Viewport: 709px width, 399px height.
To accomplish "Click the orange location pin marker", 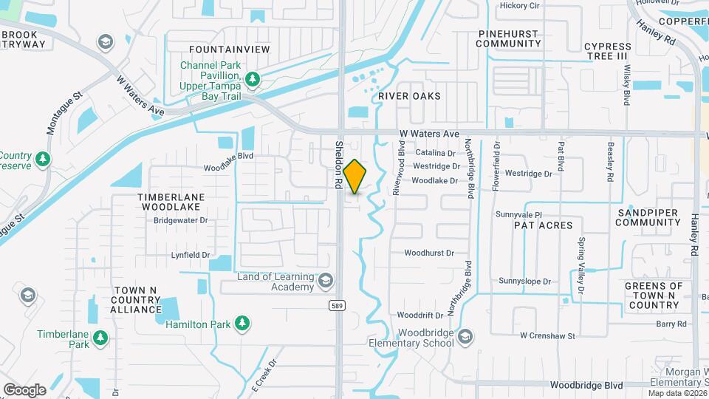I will tap(355, 176).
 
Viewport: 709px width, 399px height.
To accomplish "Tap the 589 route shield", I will tap(336, 304).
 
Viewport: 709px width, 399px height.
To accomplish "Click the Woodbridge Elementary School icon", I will tap(465, 338).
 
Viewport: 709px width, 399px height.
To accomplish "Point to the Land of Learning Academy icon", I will tap(326, 279).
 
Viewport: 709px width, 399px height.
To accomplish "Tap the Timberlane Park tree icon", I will tap(100, 339).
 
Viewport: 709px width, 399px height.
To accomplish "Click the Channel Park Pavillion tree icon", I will tap(253, 78).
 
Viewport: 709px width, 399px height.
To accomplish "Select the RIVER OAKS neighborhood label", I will tap(409, 96).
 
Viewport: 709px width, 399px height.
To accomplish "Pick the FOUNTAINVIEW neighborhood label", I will tap(229, 49).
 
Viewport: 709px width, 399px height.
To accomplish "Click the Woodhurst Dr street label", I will tap(428, 253).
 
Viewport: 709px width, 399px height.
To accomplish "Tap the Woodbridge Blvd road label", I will tap(587, 386).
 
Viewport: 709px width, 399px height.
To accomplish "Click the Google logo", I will tap(24, 389).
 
